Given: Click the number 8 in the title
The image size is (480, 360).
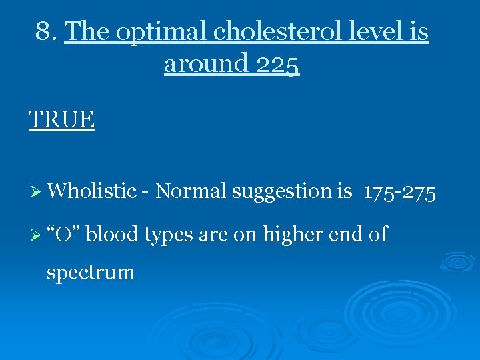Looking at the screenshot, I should pyautogui.click(x=43, y=31).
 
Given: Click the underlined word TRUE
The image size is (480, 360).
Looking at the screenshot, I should pyautogui.click(x=61, y=119).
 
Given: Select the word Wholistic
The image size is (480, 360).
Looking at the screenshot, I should pyautogui.click(x=92, y=191).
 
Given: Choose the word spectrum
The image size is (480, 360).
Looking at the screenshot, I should pyautogui.click(x=90, y=273).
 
